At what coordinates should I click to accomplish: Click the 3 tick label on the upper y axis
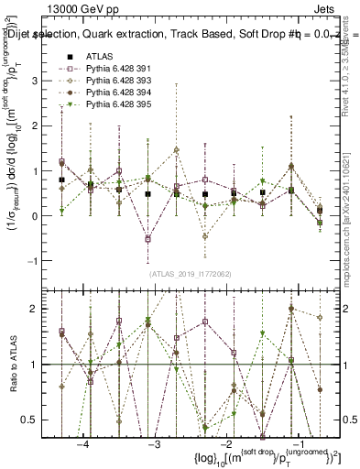[x=38, y=82]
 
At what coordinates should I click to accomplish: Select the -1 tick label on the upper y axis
[x=36, y=261]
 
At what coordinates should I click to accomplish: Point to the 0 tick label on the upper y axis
[x=38, y=216]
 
